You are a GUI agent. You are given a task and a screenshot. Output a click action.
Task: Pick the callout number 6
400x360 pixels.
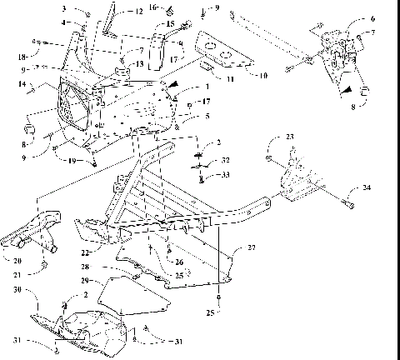372,17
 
